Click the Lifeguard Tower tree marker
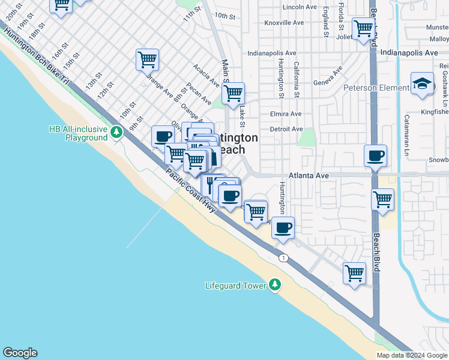click(275, 284)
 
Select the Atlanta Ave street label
click(309, 175)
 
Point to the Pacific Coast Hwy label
click(191, 189)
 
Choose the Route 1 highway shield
click(283, 257)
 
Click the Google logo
click(20, 353)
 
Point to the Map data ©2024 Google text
click(411, 355)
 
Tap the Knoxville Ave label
click(284, 23)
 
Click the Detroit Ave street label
click(286, 129)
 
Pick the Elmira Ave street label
click(286, 114)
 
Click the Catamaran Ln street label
click(407, 129)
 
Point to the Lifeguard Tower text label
click(235, 286)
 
